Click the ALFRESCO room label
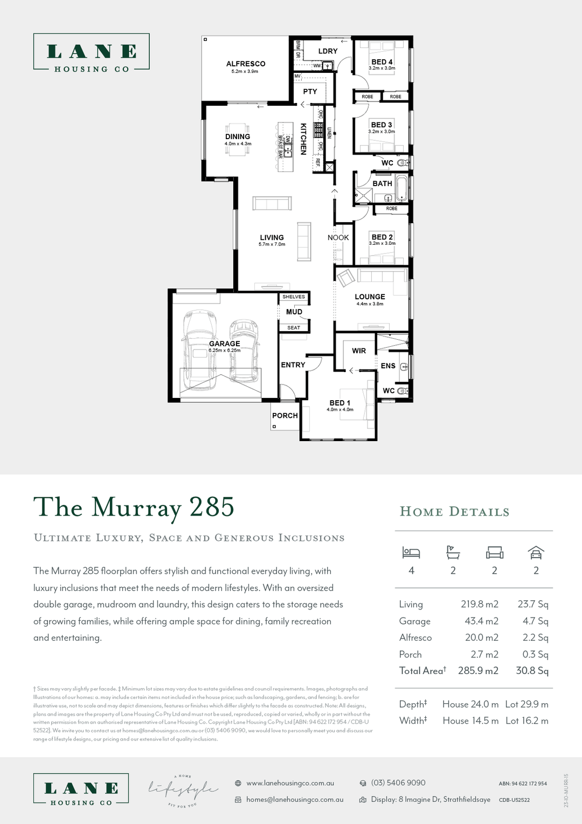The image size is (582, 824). pyautogui.click(x=246, y=64)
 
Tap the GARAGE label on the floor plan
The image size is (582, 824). pyautogui.click(x=225, y=344)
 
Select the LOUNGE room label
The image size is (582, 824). pyautogui.click(x=370, y=297)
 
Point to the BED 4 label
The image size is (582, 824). pyautogui.click(x=382, y=62)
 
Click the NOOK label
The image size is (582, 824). pyautogui.click(x=338, y=237)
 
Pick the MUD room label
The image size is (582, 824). pyautogui.click(x=294, y=312)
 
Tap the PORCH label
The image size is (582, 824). pyautogui.click(x=285, y=415)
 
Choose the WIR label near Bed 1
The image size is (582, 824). pyautogui.click(x=359, y=351)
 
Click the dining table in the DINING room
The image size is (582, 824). pyautogui.click(x=238, y=141)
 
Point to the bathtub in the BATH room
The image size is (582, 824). pyautogui.click(x=401, y=188)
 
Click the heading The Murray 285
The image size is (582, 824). pyautogui.click(x=134, y=507)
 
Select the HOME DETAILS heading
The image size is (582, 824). pyautogui.click(x=454, y=512)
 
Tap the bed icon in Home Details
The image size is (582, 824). pyautogui.click(x=411, y=552)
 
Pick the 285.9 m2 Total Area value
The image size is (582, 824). pyautogui.click(x=478, y=671)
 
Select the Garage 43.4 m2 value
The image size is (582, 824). pyautogui.click(x=481, y=621)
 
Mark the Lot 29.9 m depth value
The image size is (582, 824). pyautogui.click(x=526, y=704)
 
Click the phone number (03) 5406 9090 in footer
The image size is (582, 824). pyautogui.click(x=398, y=782)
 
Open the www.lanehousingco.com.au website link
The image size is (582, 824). pyautogui.click(x=290, y=783)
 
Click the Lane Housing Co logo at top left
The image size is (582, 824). pyautogui.click(x=92, y=52)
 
